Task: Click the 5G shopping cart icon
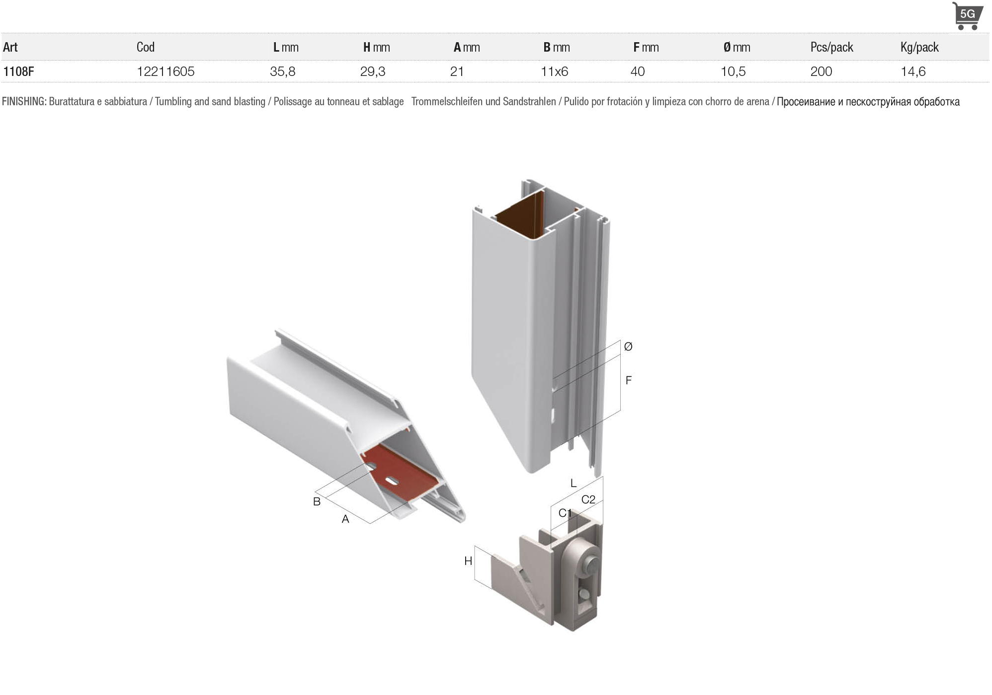pyautogui.click(x=967, y=16)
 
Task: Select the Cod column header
pyautogui.click(x=146, y=47)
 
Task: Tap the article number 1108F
pyautogui.click(x=18, y=71)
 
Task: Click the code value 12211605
pyautogui.click(x=165, y=71)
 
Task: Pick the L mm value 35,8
pyautogui.click(x=283, y=71)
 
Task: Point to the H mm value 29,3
pyautogui.click(x=373, y=71)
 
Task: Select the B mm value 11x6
pyautogui.click(x=554, y=71)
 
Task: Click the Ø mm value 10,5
pyautogui.click(x=733, y=71)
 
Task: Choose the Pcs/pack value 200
pyautogui.click(x=821, y=71)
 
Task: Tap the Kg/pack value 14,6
pyautogui.click(x=913, y=71)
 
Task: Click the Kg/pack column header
pyautogui.click(x=919, y=47)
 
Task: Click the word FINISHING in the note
pyautogui.click(x=24, y=101)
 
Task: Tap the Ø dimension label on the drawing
pyautogui.click(x=628, y=347)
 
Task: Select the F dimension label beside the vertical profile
pyautogui.click(x=629, y=380)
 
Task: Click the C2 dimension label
pyautogui.click(x=588, y=499)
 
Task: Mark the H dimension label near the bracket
pyautogui.click(x=468, y=561)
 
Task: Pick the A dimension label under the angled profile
pyautogui.click(x=345, y=519)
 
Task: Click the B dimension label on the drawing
pyautogui.click(x=317, y=501)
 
